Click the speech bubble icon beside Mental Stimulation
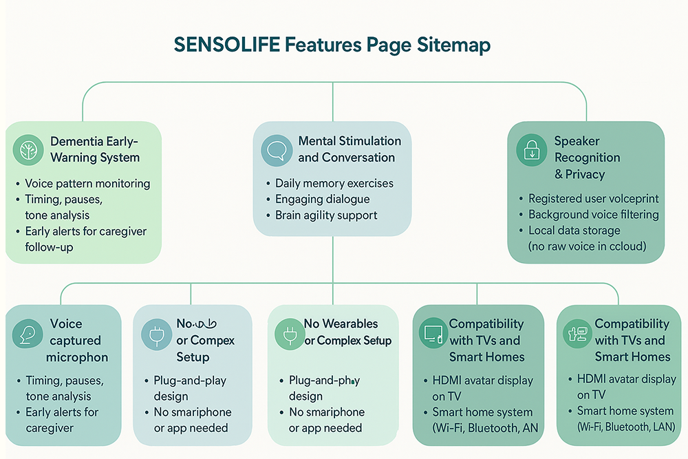coord(277,150)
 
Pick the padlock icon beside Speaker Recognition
coord(532,150)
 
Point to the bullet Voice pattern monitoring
coord(87,184)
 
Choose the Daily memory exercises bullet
coord(334,184)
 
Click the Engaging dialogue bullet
coord(322,200)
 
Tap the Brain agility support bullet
coord(326,215)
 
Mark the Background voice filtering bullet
coord(593,215)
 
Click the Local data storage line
coord(574,231)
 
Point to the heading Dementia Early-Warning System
coord(95,149)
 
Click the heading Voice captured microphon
coord(76,341)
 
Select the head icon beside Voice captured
coord(25,334)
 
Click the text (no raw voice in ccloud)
coord(587,246)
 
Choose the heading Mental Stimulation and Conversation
coord(349,149)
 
